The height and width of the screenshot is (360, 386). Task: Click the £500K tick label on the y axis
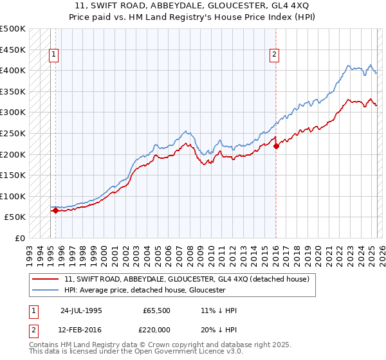point(13,29)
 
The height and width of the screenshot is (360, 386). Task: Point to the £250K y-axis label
point(13,133)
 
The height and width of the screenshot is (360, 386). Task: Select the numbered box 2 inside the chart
point(275,55)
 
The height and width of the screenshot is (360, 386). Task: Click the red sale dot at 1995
point(56,210)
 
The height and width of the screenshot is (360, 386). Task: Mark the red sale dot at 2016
point(276,146)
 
